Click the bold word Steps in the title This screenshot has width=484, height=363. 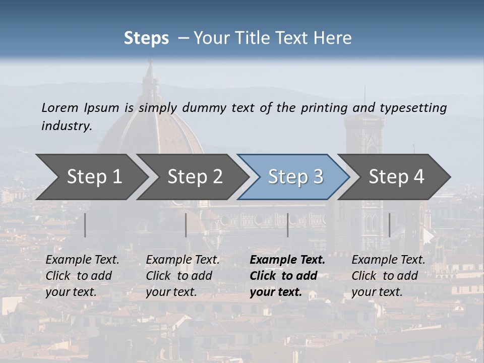(146, 38)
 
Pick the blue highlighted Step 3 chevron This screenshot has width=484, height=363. (295, 176)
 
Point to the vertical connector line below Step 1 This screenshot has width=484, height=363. (85, 225)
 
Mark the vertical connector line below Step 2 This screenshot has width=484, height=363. (186, 225)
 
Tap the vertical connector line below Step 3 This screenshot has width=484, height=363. (288, 225)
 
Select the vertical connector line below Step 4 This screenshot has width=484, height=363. (390, 225)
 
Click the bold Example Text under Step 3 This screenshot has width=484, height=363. (287, 260)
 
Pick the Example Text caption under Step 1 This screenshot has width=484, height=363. (82, 260)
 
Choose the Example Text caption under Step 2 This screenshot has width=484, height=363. (183, 260)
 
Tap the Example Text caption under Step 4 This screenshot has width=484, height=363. (388, 260)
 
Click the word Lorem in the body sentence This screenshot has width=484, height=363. (60, 107)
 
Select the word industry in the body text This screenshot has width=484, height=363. (67, 126)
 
